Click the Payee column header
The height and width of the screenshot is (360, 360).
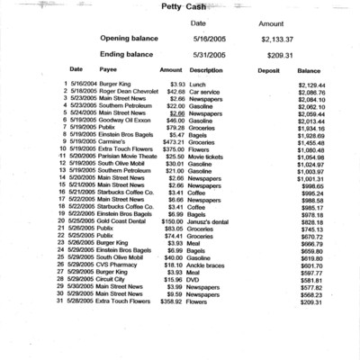(107, 69)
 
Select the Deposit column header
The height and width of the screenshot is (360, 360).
(269, 69)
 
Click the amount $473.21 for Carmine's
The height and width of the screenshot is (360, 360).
(171, 142)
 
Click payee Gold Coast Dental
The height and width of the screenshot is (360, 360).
(118, 221)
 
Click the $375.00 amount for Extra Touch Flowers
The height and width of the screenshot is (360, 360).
(171, 148)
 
